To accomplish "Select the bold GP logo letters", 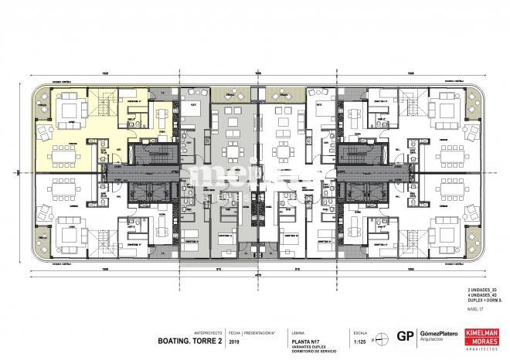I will [x=403, y=335].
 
